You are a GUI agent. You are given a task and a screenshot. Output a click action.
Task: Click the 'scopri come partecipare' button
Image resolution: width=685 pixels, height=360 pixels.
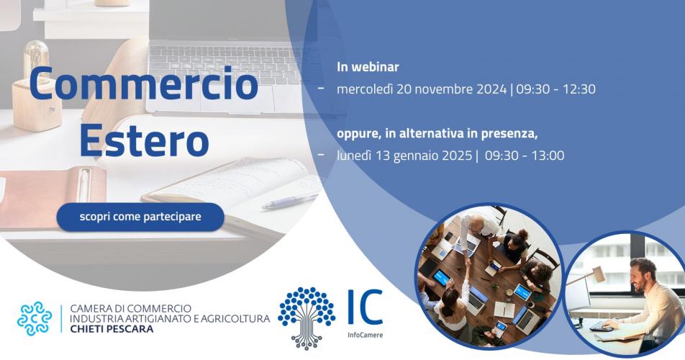(x=140, y=217)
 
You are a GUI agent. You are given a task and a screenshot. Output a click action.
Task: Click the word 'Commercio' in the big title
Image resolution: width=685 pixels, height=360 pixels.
(x=144, y=83)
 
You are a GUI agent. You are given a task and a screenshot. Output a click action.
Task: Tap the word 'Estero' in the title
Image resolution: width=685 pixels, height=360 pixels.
(x=144, y=140)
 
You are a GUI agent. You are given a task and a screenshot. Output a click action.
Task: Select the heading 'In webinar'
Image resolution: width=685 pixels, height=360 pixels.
(x=368, y=67)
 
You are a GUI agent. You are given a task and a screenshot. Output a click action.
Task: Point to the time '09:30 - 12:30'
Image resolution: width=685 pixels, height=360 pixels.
(x=555, y=89)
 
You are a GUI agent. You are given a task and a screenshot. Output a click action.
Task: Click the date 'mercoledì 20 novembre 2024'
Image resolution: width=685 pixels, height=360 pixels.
(x=422, y=89)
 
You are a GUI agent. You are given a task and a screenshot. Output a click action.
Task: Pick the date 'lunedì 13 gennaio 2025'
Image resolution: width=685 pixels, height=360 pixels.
(x=404, y=156)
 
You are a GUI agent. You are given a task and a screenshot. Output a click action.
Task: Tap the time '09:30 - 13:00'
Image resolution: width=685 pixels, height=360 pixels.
(x=525, y=156)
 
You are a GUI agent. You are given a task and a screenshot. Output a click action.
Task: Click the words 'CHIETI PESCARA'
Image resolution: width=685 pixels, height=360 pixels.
(x=112, y=329)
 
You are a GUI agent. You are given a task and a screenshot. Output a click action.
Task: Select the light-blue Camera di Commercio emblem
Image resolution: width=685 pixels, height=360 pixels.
(x=35, y=318)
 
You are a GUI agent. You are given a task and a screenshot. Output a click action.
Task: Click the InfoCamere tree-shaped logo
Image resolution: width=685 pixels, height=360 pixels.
(x=307, y=318)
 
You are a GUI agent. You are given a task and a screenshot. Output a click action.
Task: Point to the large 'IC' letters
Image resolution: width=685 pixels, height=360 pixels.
(x=366, y=307)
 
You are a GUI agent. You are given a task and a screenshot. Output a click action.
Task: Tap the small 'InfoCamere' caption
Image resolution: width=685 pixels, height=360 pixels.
(x=366, y=335)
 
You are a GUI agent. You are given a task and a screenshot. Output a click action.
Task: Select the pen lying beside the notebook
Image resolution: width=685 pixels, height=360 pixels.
(x=290, y=201)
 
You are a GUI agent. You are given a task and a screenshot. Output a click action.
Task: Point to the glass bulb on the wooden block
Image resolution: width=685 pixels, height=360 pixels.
(x=36, y=60)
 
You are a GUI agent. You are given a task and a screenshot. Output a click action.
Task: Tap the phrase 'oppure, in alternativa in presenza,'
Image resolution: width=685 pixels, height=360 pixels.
(x=437, y=134)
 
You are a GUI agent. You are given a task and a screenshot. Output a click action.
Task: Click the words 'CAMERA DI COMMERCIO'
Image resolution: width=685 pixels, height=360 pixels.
(x=131, y=309)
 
